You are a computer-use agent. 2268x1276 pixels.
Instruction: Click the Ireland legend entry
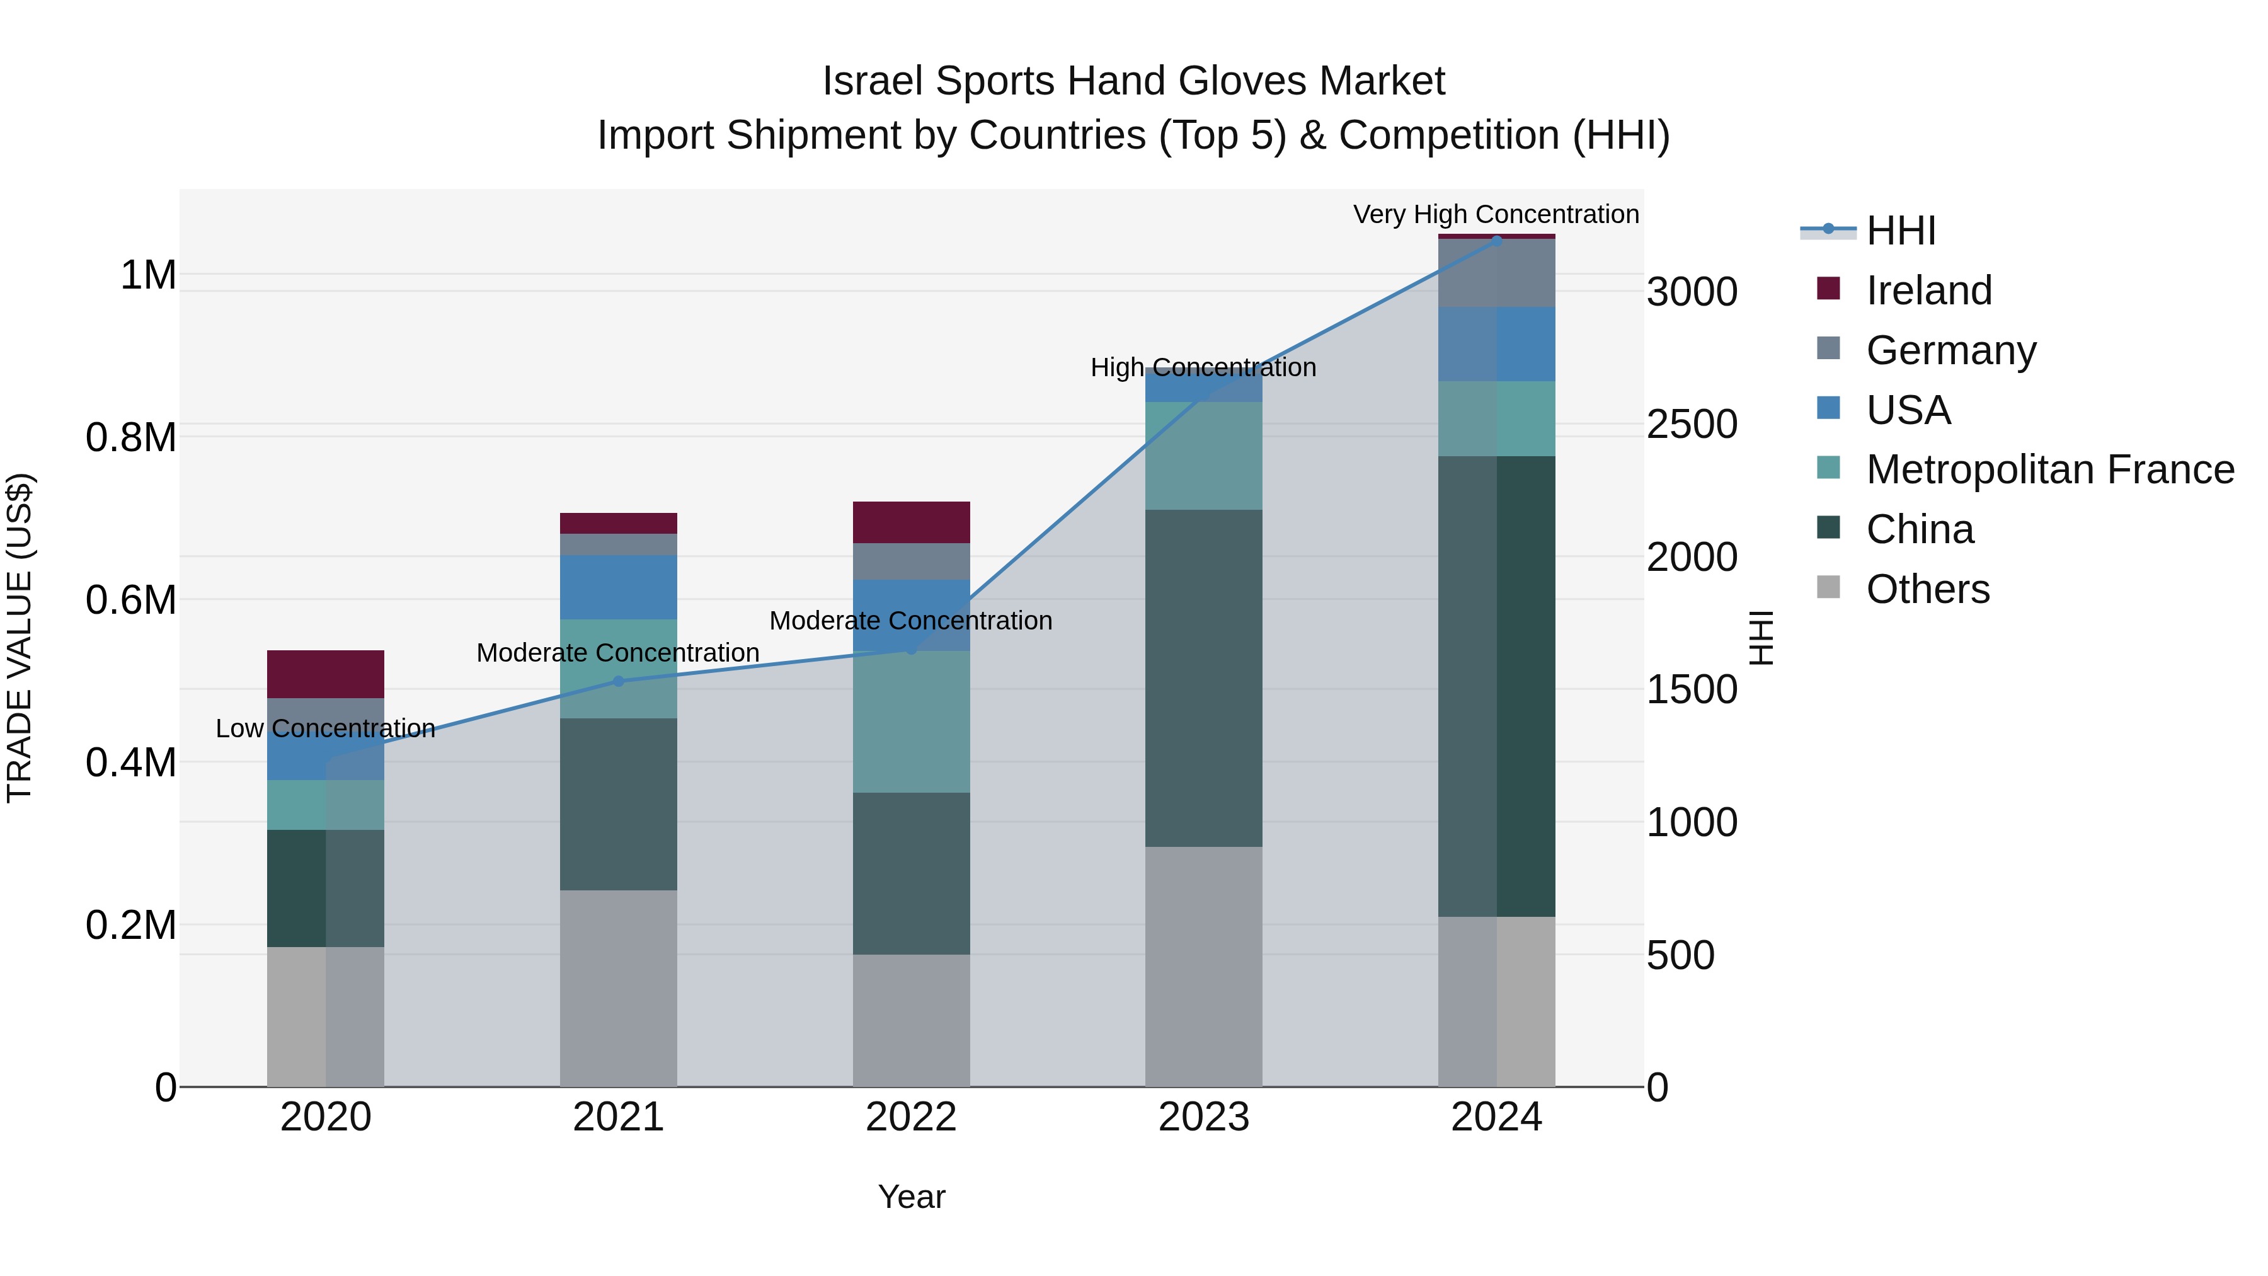click(x=1928, y=290)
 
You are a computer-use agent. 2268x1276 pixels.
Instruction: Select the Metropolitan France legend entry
click(x=2049, y=469)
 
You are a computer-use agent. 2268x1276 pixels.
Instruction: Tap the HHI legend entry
click(x=1900, y=231)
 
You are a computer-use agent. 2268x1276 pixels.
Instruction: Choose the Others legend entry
click(x=1927, y=589)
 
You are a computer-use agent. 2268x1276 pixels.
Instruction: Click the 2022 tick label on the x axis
click(x=910, y=1117)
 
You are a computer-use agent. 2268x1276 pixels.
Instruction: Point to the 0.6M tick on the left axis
click(x=130, y=600)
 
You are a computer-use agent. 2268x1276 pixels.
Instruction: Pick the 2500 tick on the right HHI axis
click(x=1692, y=425)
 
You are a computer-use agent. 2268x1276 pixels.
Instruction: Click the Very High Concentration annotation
click(x=1495, y=214)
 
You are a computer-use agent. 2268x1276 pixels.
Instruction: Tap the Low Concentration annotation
click(x=325, y=728)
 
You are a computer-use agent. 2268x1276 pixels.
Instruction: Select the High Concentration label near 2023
click(x=1203, y=367)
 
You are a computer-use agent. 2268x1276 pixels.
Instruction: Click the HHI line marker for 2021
click(x=618, y=681)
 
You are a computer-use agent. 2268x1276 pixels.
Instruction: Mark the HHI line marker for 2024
click(x=1497, y=241)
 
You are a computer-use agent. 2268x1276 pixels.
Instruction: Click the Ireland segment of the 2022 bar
click(x=911, y=522)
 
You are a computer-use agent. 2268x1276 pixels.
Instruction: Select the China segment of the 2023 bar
click(x=1203, y=678)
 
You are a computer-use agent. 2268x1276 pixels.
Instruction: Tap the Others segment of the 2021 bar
click(x=618, y=988)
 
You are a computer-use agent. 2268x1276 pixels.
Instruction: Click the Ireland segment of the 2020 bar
click(x=325, y=674)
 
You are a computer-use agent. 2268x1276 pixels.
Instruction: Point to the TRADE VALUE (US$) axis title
click(x=20, y=638)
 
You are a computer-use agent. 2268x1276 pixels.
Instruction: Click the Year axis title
click(x=911, y=1197)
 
